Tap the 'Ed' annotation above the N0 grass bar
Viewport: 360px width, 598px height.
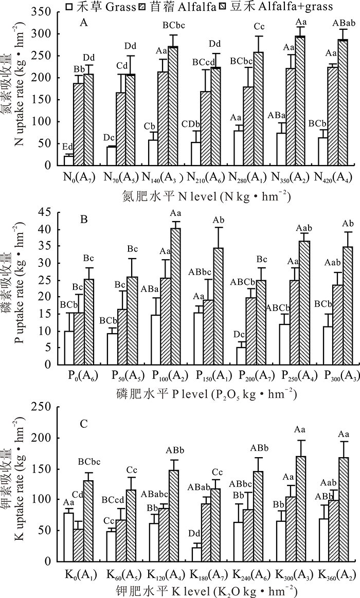point(67,148)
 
